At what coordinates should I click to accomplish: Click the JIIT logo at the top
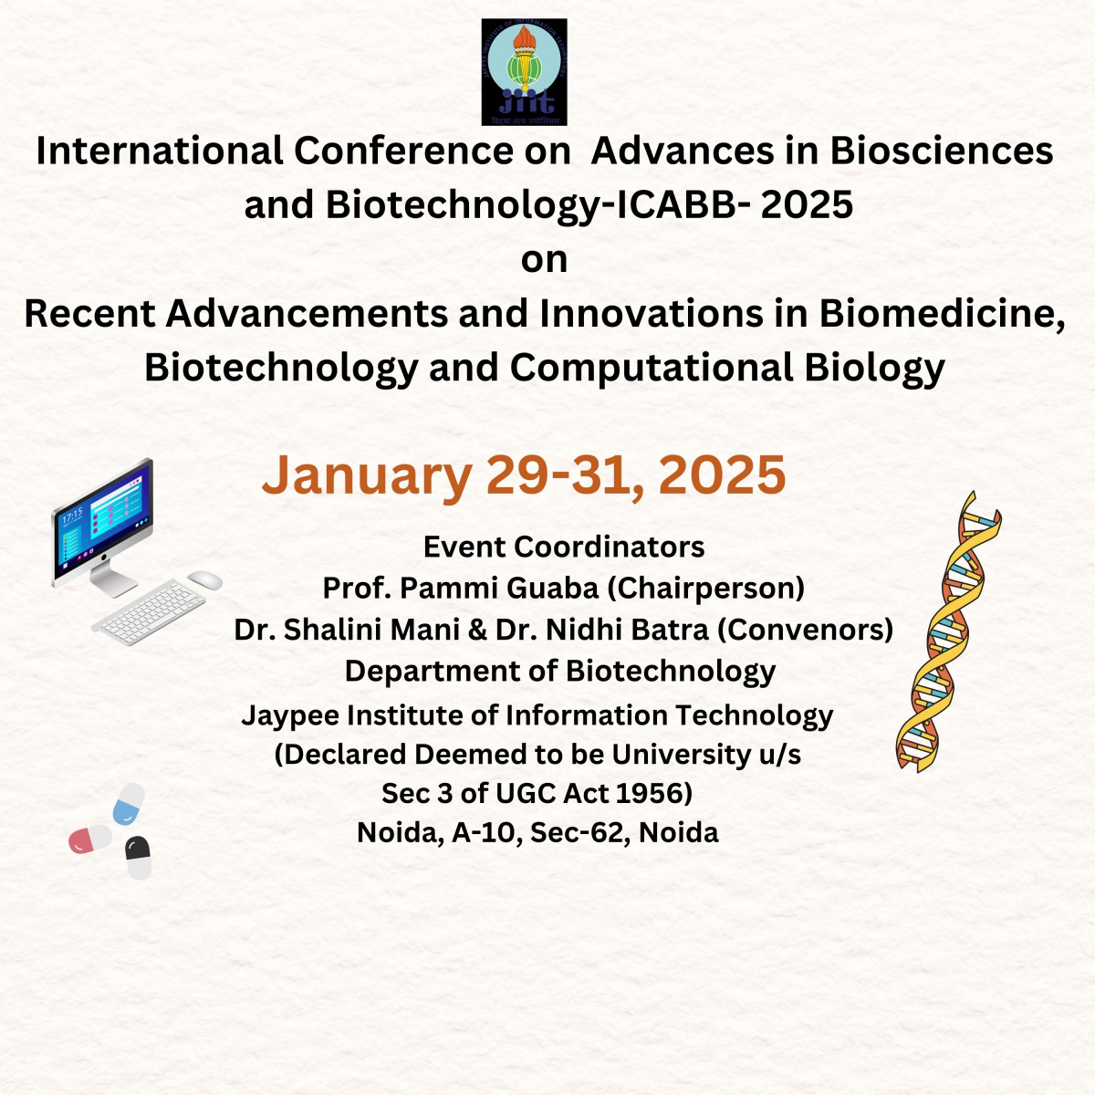(x=524, y=72)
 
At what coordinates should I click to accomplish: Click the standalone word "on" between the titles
(x=545, y=260)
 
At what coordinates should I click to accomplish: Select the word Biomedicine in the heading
(x=942, y=314)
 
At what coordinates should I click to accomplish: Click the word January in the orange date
(x=367, y=476)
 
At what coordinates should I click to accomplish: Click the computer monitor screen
(x=103, y=519)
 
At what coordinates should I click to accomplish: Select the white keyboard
(x=149, y=612)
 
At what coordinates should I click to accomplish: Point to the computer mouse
(x=204, y=580)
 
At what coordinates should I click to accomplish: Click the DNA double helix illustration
(x=948, y=631)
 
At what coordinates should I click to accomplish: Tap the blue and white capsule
(x=129, y=804)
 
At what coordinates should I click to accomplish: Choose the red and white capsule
(x=89, y=839)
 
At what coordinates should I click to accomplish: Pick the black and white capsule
(x=138, y=858)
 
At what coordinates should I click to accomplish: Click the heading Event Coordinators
(x=564, y=547)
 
